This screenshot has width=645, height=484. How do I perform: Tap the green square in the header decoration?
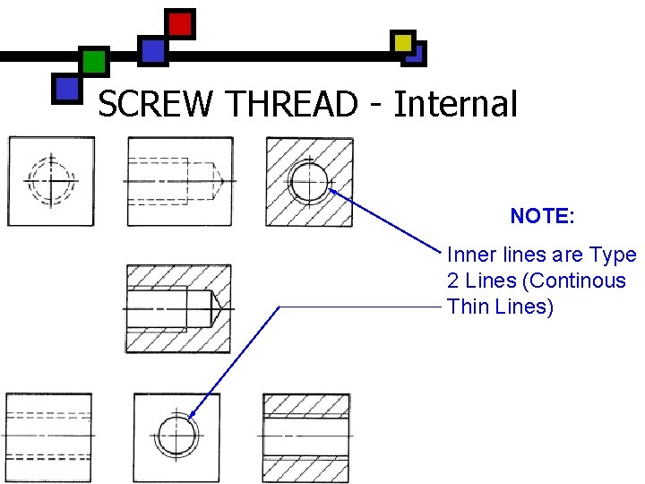93,62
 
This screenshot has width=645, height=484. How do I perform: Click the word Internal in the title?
455,105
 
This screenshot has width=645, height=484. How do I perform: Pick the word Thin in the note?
469,307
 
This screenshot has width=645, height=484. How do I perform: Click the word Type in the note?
614,255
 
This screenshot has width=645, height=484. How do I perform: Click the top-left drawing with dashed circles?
51,181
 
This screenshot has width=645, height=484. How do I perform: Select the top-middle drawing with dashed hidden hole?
180,181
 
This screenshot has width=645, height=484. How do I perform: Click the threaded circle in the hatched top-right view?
309,182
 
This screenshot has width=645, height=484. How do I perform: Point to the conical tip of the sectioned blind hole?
215,308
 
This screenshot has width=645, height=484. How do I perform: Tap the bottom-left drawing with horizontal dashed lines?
48,436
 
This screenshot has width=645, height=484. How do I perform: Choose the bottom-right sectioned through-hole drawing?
306,436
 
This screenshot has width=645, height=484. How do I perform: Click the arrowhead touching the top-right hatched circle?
332,190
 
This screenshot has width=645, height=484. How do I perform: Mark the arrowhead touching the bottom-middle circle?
193,415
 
